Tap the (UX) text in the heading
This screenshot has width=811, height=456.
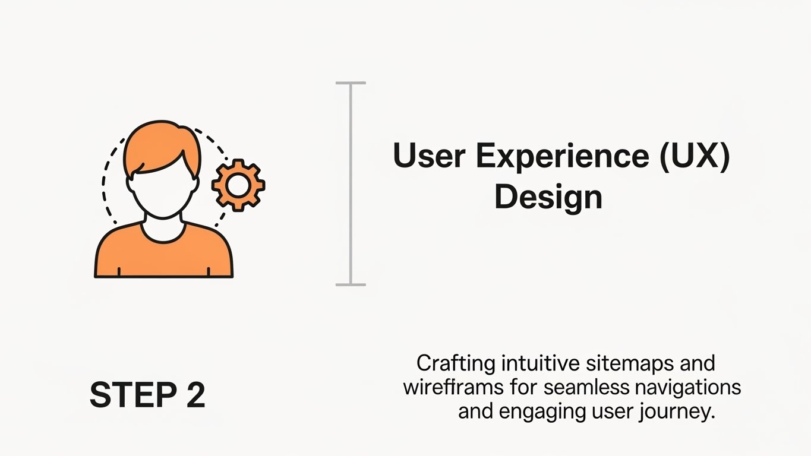(695, 156)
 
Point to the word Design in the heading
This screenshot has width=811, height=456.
(548, 198)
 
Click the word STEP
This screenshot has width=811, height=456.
(133, 395)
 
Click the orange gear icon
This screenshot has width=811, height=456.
(238, 185)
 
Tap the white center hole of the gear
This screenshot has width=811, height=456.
(238, 185)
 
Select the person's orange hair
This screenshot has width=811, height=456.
(162, 145)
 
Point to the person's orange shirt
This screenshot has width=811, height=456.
(163, 257)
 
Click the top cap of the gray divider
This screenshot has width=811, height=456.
(351, 83)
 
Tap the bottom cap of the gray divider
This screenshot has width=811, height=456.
(351, 284)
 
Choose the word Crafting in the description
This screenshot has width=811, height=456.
(456, 364)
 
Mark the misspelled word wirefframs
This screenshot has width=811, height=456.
(453, 387)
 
